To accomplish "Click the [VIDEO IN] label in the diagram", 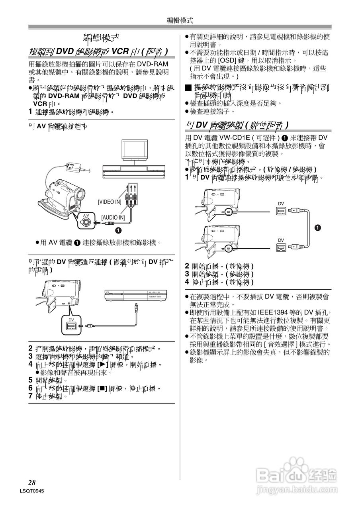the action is click(x=110, y=202).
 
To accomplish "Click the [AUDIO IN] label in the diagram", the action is click(x=113, y=218).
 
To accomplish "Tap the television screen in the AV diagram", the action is click(x=135, y=149).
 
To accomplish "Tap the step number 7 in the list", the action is click(x=30, y=396).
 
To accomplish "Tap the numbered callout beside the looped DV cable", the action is click(x=318, y=228).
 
